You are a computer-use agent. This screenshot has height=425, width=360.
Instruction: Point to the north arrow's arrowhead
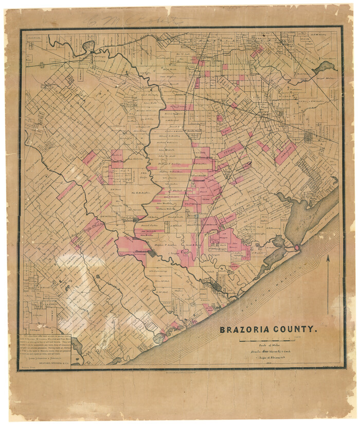coord(329,258)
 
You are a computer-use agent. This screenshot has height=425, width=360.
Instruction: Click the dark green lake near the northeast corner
coord(325,66)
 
